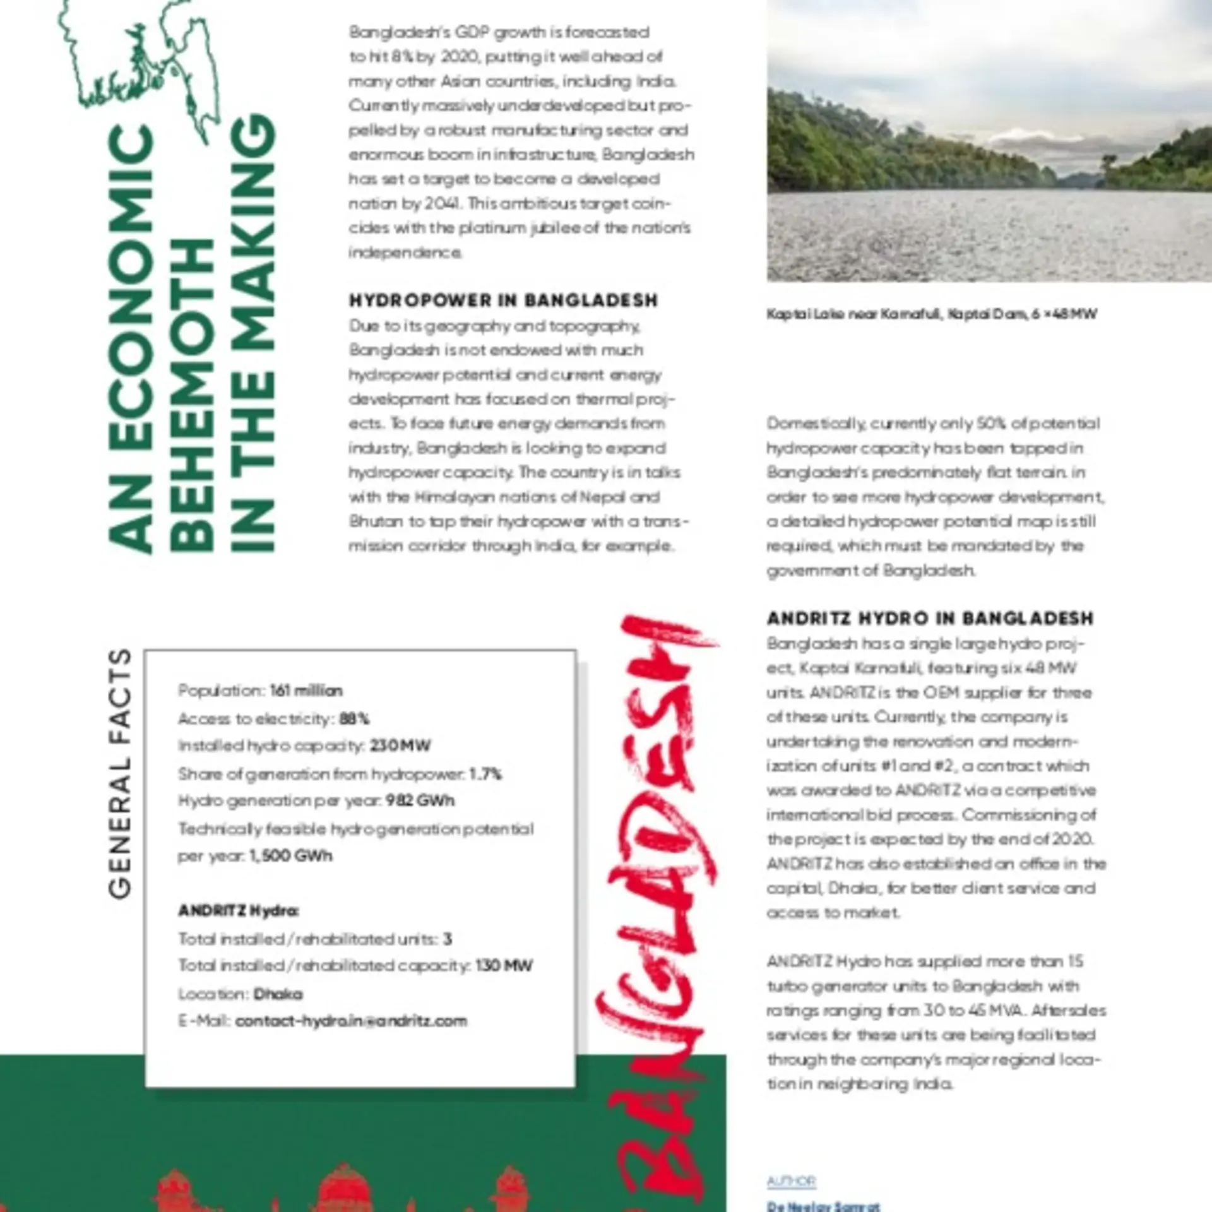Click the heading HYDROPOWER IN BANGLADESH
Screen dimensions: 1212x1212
(503, 300)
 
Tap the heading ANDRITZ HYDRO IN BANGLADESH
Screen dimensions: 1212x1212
(930, 618)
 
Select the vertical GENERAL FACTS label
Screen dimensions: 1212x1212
(120, 773)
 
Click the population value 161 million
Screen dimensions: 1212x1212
(306, 691)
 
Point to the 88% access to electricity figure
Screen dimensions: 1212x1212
(354, 719)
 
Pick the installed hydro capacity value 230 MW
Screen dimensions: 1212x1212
(400, 746)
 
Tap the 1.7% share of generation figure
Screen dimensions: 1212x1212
(485, 774)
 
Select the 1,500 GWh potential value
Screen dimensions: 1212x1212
(290, 856)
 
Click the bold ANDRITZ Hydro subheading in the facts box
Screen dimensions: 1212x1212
(239, 911)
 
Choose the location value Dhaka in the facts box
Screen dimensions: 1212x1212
(278, 994)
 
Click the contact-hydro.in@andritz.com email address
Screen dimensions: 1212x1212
(351, 1021)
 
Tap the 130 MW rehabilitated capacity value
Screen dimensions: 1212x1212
(504, 966)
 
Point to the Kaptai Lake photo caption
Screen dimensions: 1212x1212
(932, 314)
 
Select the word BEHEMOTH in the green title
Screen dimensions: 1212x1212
(193, 395)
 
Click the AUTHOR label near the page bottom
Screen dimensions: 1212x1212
(792, 1181)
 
